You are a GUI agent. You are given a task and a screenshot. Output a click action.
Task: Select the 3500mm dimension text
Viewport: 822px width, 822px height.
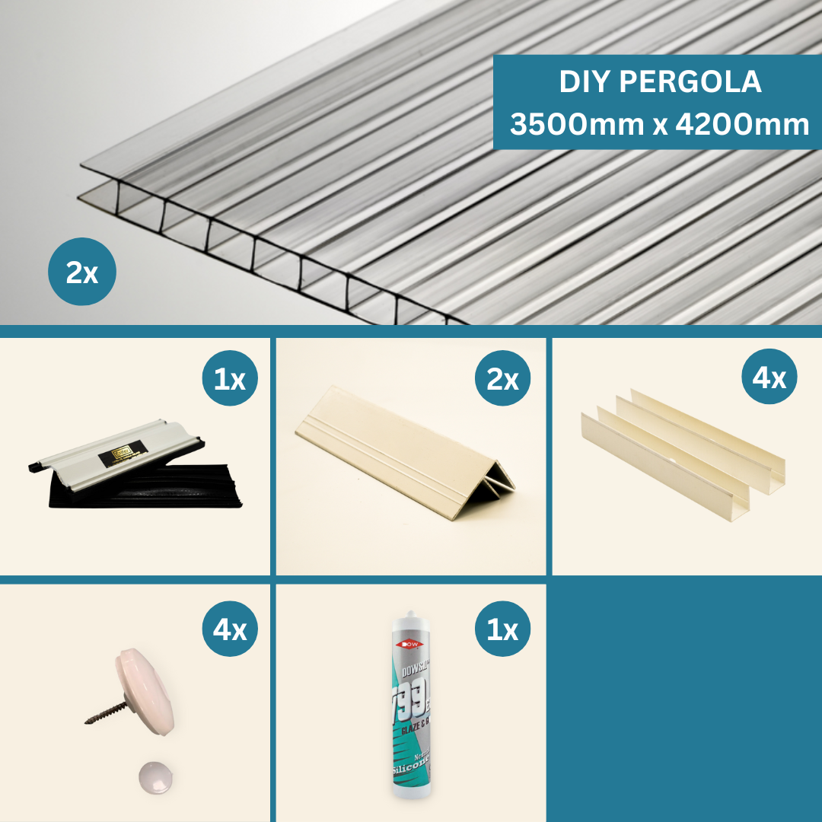(576, 124)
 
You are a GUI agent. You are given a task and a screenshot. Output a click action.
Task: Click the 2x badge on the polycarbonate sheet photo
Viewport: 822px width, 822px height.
(82, 272)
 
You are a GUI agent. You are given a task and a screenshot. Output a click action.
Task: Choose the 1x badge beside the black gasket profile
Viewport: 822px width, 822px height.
(230, 378)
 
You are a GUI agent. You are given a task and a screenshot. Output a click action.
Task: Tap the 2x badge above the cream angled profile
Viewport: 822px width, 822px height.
(502, 378)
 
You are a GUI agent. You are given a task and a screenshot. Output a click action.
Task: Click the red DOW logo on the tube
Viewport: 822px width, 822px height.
(412, 644)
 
